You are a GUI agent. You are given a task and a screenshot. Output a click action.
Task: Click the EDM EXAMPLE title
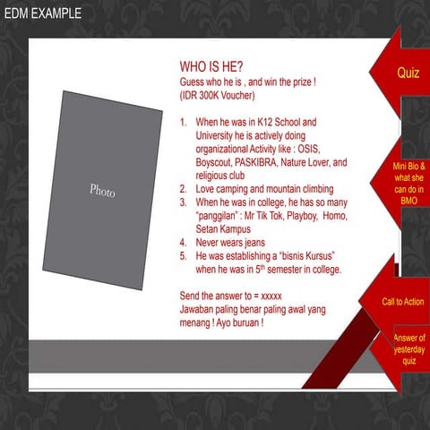point(43,13)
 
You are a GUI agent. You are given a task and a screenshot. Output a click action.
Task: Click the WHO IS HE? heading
point(211,66)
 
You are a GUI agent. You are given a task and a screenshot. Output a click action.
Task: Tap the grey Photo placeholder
point(103,190)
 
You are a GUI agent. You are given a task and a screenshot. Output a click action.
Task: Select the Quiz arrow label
point(408,73)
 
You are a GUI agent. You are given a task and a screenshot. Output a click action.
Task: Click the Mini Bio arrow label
point(408,184)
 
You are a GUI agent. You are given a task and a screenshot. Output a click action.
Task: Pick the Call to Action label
point(403,302)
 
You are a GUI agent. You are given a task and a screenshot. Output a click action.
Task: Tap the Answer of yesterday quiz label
point(409,349)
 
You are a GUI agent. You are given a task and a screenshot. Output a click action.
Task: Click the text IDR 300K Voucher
point(217,96)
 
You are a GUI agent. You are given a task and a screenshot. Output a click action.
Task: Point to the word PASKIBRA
point(255,162)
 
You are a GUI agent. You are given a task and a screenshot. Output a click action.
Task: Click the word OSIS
point(308,149)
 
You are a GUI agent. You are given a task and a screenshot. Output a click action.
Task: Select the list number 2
point(183,189)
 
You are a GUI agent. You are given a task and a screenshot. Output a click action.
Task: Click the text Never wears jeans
point(230,243)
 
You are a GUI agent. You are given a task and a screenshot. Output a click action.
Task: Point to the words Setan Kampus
point(223,229)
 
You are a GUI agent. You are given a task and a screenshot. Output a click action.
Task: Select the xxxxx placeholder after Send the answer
point(271,297)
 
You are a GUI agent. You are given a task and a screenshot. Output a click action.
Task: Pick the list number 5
point(183,256)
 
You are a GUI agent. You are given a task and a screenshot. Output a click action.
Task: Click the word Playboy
point(302,216)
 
